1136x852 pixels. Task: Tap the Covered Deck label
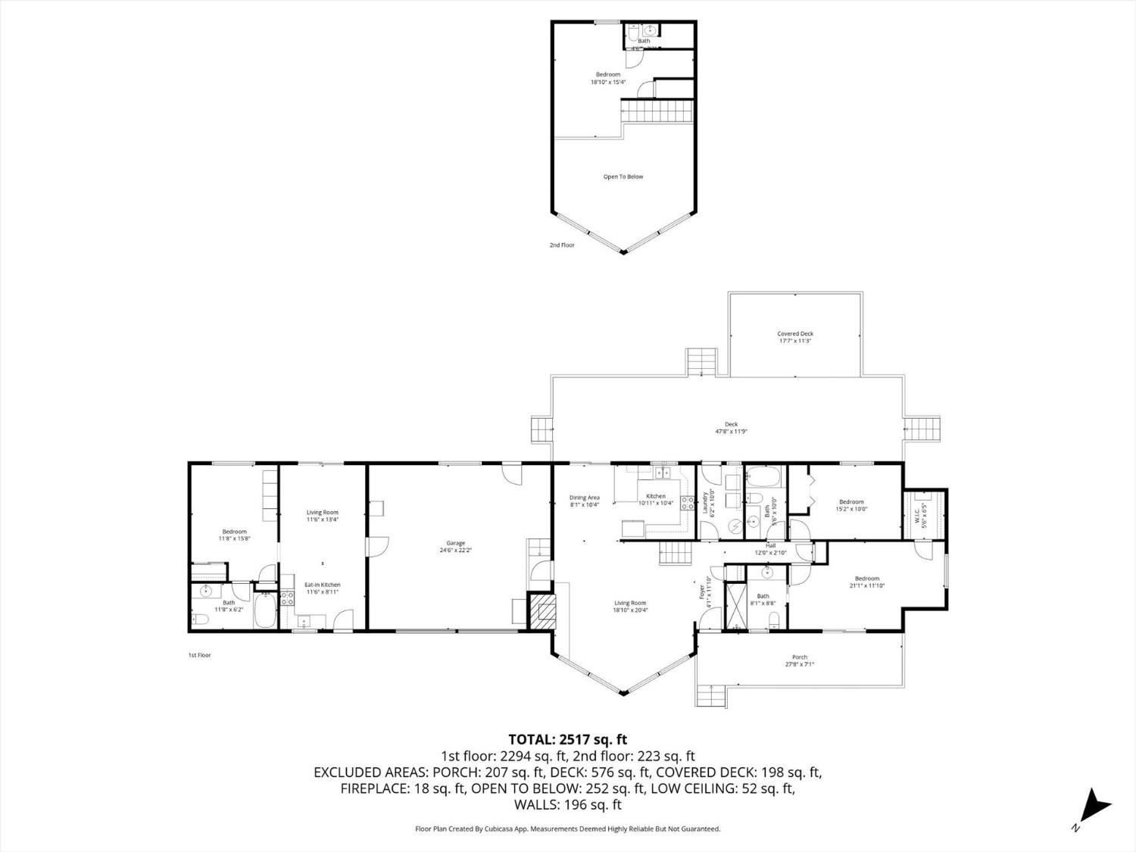(x=794, y=337)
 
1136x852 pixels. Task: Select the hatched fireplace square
(x=542, y=610)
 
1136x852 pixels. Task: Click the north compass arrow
(x=1095, y=806)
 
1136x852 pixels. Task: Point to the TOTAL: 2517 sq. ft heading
(x=567, y=739)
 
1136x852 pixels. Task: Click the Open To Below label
(x=623, y=176)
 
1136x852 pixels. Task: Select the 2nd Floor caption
(x=562, y=245)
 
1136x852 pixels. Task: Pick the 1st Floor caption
(x=199, y=655)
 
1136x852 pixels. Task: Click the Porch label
(x=799, y=660)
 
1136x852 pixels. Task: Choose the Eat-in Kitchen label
(x=322, y=588)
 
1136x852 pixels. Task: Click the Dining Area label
(x=584, y=501)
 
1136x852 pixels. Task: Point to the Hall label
(x=770, y=548)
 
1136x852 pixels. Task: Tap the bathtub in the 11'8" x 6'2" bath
(x=266, y=611)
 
